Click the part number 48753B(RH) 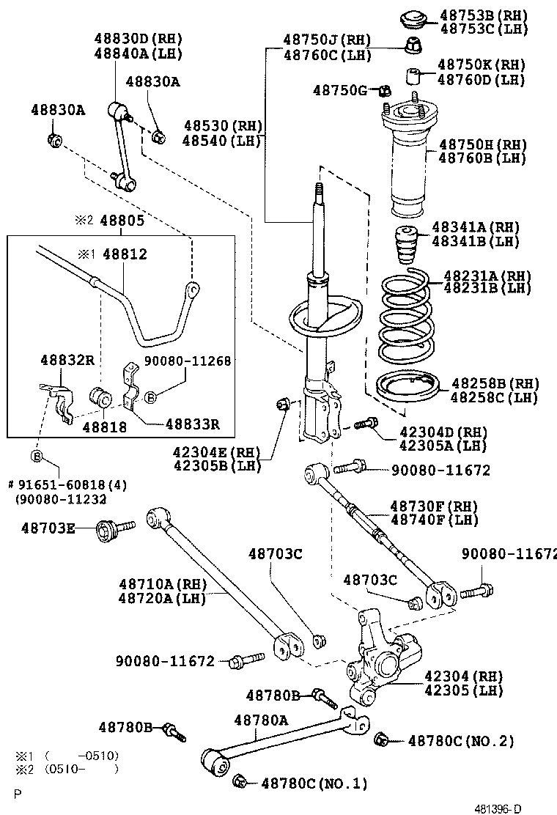(482, 15)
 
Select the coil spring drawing (407, 315)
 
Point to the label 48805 (122, 220)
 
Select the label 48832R (67, 360)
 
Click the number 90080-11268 (188, 361)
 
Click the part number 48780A (261, 720)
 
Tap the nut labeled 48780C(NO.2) (381, 740)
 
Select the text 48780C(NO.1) (314, 783)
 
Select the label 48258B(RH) (495, 384)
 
